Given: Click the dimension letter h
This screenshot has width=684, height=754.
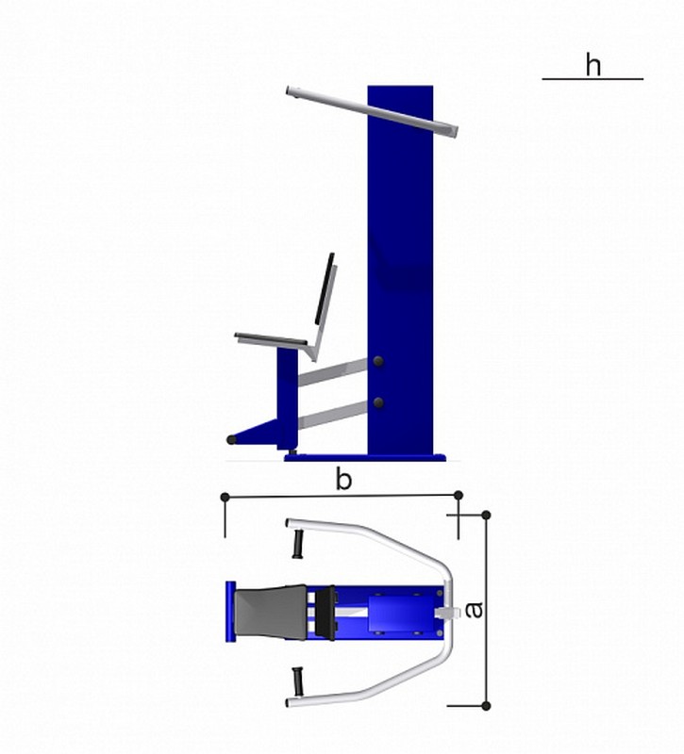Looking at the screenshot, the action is (x=593, y=65).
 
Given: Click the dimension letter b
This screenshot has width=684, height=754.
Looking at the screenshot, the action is (x=343, y=479).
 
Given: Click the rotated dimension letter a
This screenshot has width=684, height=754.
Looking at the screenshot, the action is (x=475, y=610).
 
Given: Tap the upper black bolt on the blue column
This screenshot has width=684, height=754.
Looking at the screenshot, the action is (x=378, y=362).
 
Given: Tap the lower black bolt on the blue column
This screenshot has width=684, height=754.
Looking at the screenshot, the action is (x=379, y=403).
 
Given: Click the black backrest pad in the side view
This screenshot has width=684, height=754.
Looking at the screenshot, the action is (x=325, y=288).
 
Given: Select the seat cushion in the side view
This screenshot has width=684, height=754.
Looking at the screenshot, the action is (x=271, y=338).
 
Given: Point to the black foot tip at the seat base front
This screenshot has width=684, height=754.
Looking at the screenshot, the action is (x=231, y=439).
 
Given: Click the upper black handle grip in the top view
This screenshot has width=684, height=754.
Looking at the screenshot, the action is (x=298, y=544).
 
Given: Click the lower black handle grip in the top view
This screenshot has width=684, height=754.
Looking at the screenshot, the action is (x=298, y=681).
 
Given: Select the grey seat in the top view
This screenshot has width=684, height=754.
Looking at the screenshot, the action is (x=270, y=612).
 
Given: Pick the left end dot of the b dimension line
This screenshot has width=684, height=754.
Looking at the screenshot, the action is (x=225, y=497).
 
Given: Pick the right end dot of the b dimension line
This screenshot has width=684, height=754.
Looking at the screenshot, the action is (x=459, y=495).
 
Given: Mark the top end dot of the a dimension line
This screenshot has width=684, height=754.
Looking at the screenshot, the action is (x=486, y=515).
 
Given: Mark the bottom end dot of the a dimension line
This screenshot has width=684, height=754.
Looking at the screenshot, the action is (x=486, y=706).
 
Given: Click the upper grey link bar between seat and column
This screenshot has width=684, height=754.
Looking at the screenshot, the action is (x=333, y=371).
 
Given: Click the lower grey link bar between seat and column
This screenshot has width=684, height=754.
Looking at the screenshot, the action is (x=333, y=415).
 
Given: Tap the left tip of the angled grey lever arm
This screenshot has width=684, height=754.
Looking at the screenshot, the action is (x=289, y=90).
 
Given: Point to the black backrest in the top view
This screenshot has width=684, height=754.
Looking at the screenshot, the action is (x=325, y=613).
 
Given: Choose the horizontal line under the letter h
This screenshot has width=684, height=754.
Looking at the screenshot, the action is (x=592, y=79).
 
